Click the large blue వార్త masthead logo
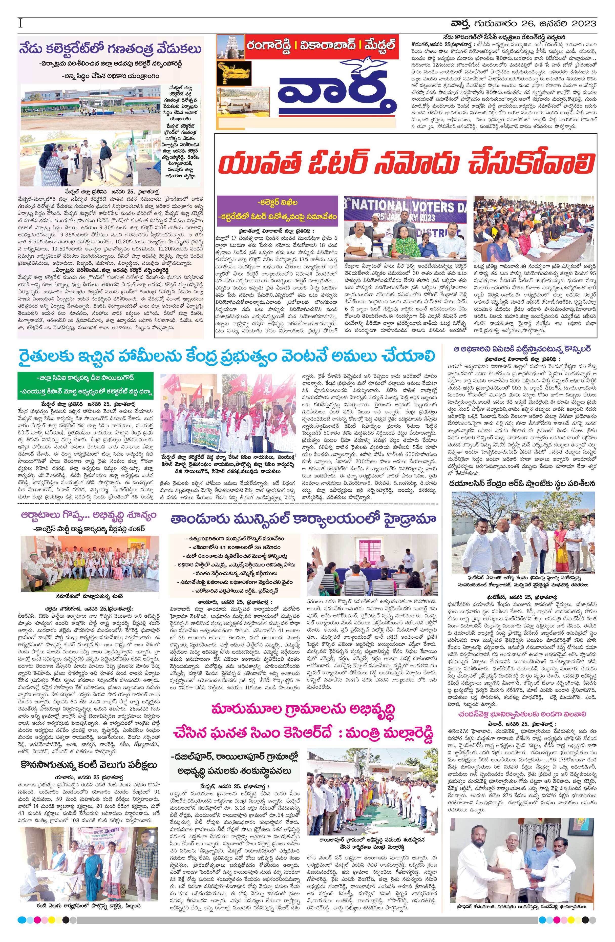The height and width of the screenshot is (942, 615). click(x=336, y=95)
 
